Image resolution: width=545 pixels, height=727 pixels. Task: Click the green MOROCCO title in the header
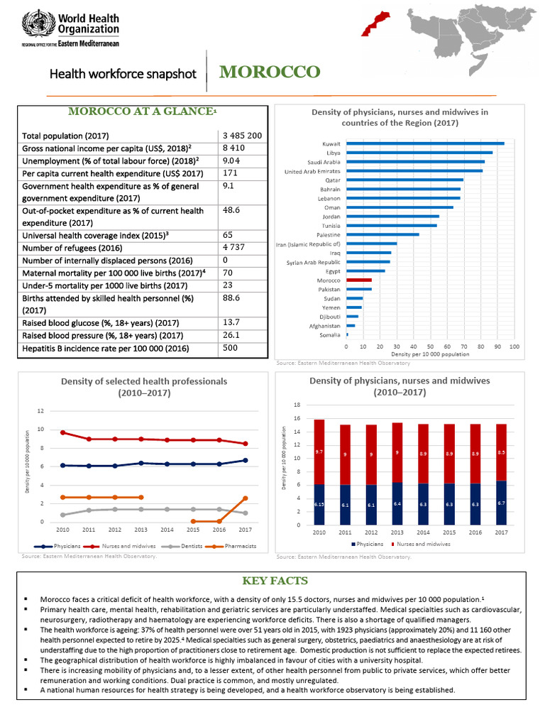point(269,72)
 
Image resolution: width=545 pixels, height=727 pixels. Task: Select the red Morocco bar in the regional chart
point(359,280)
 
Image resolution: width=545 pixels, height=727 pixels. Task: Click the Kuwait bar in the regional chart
point(425,143)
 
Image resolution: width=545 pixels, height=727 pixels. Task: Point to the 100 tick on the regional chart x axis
point(514,346)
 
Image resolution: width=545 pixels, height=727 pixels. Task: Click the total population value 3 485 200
point(242,135)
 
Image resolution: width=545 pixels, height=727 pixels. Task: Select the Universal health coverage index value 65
point(228,234)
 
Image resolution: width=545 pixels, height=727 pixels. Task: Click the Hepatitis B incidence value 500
point(230,349)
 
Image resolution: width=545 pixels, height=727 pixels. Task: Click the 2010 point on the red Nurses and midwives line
point(63,432)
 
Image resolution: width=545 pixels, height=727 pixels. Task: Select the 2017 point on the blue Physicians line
point(245,460)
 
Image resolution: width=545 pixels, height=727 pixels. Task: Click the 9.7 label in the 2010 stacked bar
point(319,451)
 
